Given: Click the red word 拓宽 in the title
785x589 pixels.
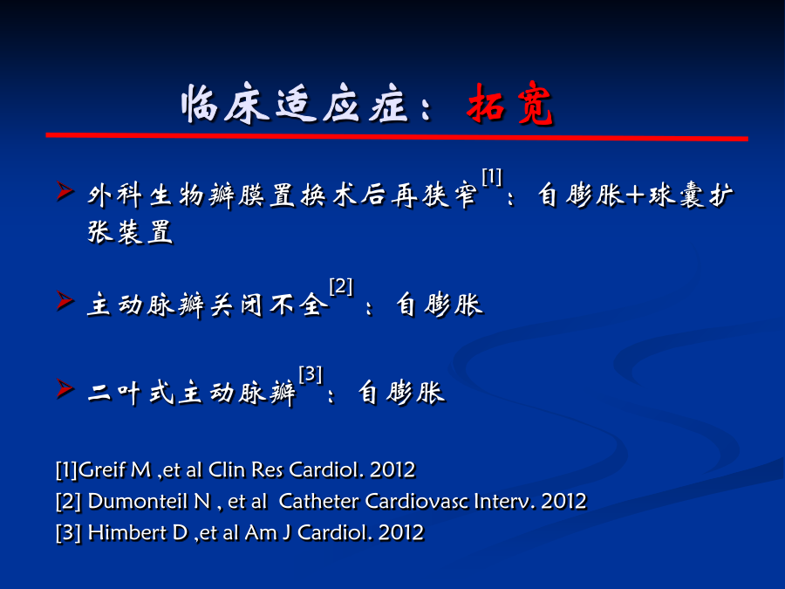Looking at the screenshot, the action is coord(509,104).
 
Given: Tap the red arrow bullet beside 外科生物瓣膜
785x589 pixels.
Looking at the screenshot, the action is coord(65,191).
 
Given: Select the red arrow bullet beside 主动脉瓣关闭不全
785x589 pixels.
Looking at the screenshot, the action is coord(65,301).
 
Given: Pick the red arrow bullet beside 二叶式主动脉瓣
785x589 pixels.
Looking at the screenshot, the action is coord(65,389).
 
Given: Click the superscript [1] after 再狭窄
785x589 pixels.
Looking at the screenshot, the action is coord(492,177).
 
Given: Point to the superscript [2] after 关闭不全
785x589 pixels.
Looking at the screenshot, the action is coord(341,287).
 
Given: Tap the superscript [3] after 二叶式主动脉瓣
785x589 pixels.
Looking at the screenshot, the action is coord(311,374).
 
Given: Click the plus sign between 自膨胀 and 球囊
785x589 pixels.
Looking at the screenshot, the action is coord(635,195).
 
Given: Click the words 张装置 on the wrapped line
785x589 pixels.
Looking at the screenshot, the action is coord(130,232).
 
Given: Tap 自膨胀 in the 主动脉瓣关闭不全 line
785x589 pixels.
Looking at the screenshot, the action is coord(440,305).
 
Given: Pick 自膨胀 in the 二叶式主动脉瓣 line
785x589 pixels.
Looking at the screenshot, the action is coord(401,392).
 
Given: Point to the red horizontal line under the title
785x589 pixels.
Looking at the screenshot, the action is coord(397,136).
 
